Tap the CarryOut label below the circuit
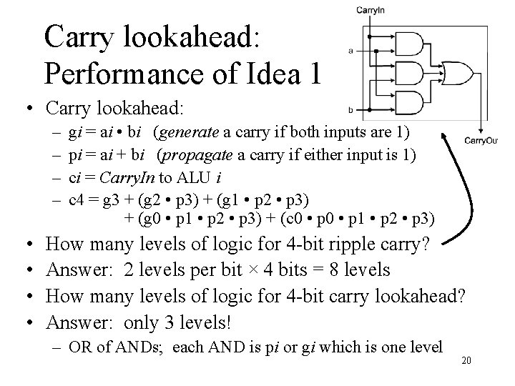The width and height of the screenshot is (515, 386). [481, 141]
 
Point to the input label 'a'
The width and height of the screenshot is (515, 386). [350, 51]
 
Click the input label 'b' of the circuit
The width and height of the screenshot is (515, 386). [350, 109]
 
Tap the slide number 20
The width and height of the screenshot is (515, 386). [466, 361]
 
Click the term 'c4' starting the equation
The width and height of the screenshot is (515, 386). [75, 198]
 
